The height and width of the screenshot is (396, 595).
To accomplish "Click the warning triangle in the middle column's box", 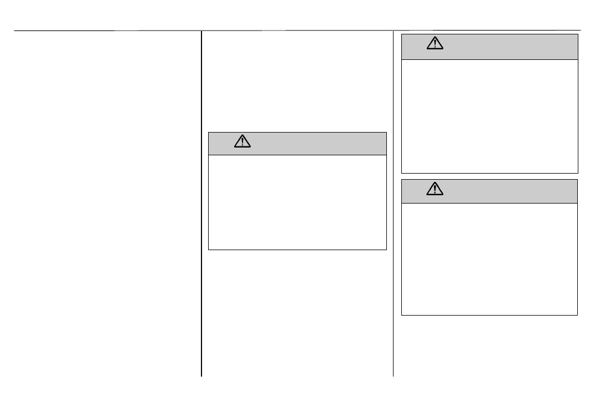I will click(x=243, y=142).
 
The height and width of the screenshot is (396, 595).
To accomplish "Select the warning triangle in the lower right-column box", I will click(x=435, y=190).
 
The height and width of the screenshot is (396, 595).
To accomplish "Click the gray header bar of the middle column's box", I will click(x=311, y=143).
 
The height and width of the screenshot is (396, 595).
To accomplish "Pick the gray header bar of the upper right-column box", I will click(x=500, y=47).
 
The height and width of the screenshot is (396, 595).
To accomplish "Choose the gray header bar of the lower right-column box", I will click(x=500, y=191).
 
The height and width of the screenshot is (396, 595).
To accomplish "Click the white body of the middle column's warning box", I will click(x=297, y=202).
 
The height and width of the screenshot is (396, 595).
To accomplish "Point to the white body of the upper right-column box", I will click(x=490, y=116).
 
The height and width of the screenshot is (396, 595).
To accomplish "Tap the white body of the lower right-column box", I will click(x=490, y=259).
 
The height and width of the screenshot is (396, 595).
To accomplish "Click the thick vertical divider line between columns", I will click(x=201, y=205).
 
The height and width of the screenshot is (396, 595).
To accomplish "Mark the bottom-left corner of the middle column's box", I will click(x=209, y=250).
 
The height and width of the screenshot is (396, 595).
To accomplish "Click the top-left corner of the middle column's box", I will click(x=209, y=132).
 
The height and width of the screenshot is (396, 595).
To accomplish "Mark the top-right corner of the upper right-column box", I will click(x=578, y=34).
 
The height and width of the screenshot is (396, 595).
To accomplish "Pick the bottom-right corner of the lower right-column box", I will click(x=577, y=315).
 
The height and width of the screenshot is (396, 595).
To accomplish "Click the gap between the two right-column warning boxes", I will click(x=490, y=176).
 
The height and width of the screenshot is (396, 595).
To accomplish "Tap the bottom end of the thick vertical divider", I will click(x=201, y=376).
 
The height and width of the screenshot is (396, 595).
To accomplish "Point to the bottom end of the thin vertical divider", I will click(x=393, y=376).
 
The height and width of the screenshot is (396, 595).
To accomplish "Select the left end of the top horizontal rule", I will click(x=14, y=31).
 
